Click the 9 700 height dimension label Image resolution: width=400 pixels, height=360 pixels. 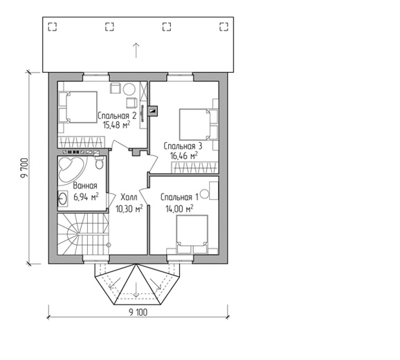25,168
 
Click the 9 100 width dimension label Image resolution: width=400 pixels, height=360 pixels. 138,312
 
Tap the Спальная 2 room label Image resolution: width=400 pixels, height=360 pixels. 117,116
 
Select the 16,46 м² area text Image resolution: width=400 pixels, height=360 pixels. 183,155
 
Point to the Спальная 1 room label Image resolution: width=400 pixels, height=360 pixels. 179,197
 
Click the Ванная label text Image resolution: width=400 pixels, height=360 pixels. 85,185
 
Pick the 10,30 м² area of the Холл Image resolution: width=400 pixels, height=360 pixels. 129,209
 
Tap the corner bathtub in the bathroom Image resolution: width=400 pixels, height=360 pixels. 71,169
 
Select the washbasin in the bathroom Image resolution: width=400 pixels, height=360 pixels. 63,198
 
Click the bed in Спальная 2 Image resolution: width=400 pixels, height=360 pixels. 78,107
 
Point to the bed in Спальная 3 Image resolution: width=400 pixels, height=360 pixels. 199,124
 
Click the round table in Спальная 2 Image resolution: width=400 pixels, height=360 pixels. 129,89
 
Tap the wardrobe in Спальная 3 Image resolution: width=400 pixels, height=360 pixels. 195,167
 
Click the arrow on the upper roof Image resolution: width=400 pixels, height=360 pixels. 136,50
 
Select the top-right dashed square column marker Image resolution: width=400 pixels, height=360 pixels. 224,26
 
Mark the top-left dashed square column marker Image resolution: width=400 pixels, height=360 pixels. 53,26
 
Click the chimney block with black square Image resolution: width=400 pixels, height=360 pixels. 153,111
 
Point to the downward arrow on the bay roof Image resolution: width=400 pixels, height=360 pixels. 136,290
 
